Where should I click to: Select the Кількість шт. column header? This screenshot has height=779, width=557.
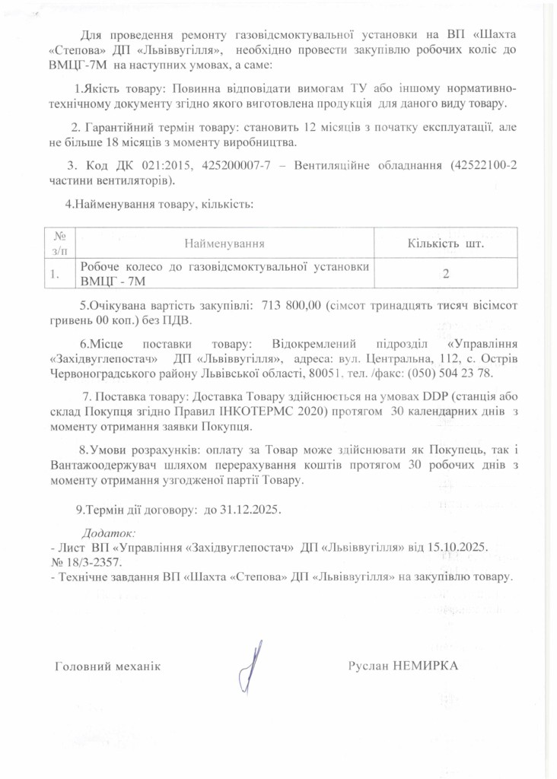447,243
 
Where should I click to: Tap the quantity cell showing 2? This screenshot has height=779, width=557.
446,275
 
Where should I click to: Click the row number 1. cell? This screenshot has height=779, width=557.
56,275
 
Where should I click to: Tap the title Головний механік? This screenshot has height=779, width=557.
108,667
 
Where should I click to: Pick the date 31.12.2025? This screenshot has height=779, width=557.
250,510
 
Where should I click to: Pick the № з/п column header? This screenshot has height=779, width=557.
57,243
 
